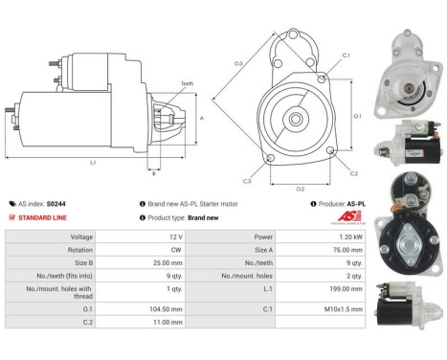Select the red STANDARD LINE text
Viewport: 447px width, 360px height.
tap(43, 217)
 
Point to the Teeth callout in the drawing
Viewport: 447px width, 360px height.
tap(187, 83)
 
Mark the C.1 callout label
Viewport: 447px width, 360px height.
tap(346, 55)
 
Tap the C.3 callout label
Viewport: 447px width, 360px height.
tap(247, 181)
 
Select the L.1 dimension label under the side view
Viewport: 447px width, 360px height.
tap(93, 162)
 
